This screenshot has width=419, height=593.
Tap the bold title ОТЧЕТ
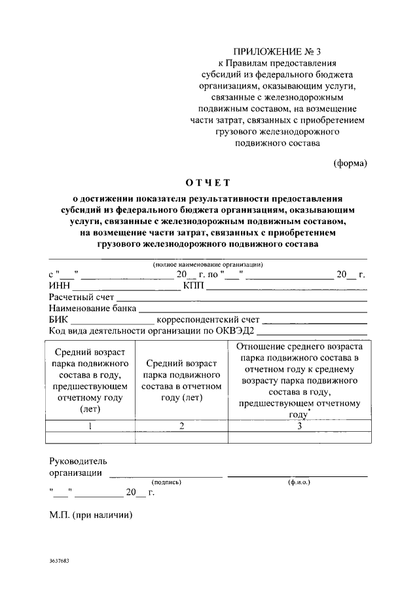tap(208, 182)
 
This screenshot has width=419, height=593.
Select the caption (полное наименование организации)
tap(208, 264)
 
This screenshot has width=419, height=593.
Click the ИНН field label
tap(59, 286)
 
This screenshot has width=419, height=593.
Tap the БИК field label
tap(59, 320)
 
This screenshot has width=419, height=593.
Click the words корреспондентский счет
tap(208, 320)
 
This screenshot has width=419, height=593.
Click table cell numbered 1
tap(90, 426)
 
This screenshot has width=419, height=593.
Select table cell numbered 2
tap(181, 426)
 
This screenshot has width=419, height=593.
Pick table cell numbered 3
tap(299, 426)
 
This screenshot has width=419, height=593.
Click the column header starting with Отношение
tap(299, 380)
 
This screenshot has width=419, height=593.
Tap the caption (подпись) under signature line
tap(166, 482)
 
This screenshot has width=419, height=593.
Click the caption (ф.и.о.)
tap(299, 482)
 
